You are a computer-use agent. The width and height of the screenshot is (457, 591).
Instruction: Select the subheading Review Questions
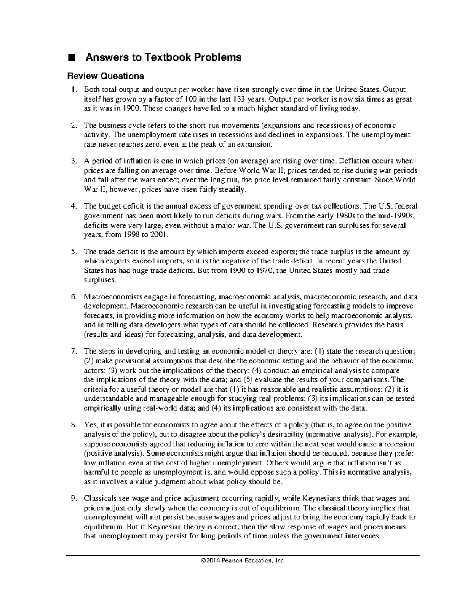[105, 76]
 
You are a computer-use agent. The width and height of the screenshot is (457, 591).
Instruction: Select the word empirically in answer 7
[101, 408]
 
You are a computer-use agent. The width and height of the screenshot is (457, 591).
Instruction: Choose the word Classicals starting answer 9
[101, 499]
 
